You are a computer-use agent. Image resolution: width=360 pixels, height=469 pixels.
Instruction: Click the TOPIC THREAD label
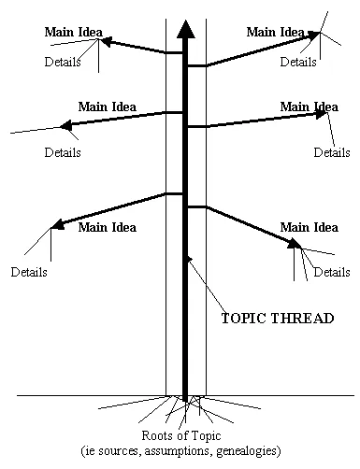pos(277,318)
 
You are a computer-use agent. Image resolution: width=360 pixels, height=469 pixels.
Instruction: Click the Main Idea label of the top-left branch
pos(72,32)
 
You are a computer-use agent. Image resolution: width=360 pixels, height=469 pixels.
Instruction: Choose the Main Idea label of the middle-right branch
pos(309,107)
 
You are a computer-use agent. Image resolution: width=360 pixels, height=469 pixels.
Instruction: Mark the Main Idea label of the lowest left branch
pos(107,226)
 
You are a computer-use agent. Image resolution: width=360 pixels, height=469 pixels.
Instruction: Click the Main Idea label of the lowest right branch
pos(309,226)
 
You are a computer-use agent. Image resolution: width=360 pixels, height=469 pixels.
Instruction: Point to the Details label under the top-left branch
pos(63,63)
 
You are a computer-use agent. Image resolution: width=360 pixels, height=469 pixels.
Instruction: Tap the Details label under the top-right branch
pos(298,63)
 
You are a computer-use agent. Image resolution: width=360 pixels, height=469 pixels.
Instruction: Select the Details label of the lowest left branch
pos(29,273)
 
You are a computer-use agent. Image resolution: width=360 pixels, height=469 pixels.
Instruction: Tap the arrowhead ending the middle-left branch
pos(65,124)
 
